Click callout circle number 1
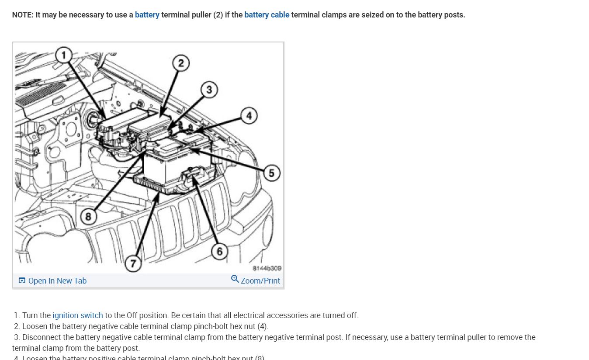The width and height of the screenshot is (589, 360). coord(64,55)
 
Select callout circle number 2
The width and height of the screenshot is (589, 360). coord(180,63)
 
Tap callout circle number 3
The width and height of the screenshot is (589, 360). coord(209,90)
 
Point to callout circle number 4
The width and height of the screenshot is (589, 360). coord(249,116)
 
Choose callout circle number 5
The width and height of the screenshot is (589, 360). coord(271,173)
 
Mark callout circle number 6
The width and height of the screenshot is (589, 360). coord(219,251)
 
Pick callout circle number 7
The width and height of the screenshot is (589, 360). coord(133,264)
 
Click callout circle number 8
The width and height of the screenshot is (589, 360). coord(88,217)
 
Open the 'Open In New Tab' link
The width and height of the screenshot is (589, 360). coord(57,281)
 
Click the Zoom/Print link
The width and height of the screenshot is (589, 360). coord(260,281)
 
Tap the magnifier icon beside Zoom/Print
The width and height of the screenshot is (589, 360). coord(235,279)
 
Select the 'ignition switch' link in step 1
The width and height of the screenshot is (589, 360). coord(78,315)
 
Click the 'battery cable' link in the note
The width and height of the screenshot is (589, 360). coord(267,15)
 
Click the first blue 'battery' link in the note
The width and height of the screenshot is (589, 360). coord(147,15)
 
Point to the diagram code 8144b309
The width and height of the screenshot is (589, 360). coord(267,268)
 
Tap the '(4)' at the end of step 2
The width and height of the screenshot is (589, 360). coord(262,326)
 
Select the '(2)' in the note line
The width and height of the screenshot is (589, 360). coord(218,15)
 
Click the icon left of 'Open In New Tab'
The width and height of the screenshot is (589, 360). coord(22,281)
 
